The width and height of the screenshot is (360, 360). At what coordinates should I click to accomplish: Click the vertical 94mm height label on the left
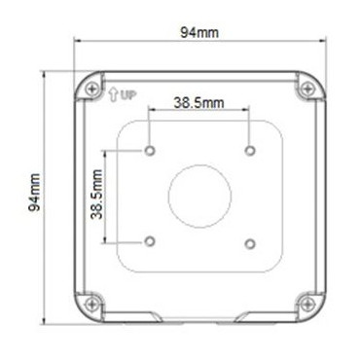click(33, 194)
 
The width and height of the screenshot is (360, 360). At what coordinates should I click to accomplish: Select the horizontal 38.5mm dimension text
click(198, 101)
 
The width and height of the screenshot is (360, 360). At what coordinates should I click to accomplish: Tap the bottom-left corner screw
click(92, 301)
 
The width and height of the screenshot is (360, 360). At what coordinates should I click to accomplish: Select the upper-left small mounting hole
click(149, 151)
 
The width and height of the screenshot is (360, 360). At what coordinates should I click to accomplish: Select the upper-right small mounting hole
click(250, 151)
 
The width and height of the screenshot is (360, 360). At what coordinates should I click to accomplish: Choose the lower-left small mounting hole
click(149, 240)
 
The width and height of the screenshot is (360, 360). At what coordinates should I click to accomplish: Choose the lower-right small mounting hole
click(250, 240)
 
